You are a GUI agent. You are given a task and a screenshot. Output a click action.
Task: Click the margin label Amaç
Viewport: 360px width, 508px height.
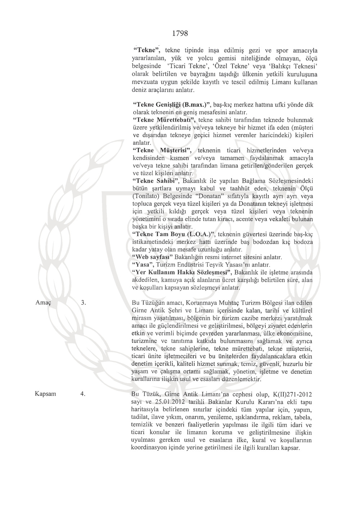pos(43,303)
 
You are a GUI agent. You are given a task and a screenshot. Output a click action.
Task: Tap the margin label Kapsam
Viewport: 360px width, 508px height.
pos(45,394)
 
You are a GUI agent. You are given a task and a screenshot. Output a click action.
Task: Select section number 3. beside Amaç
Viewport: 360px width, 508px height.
pos(83,303)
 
